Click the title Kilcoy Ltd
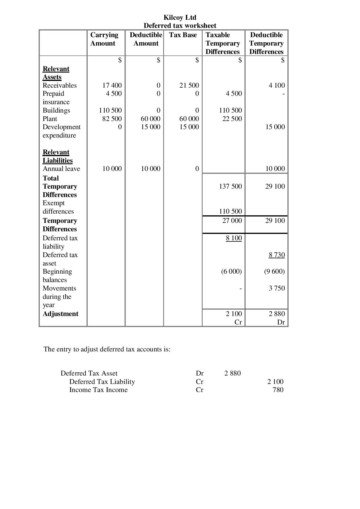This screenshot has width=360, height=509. pyautogui.click(x=180, y=17)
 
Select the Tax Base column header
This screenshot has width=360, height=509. pyautogui.click(x=183, y=35)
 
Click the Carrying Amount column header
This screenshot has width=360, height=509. pyautogui.click(x=104, y=39)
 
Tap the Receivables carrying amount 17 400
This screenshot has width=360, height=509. pyautogui.click(x=112, y=85)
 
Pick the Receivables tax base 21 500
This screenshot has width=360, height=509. pyautogui.click(x=189, y=85)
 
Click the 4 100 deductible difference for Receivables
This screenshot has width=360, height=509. pyautogui.click(x=277, y=85)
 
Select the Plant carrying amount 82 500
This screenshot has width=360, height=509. pyautogui.click(x=112, y=119)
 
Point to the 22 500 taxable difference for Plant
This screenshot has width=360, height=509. pyautogui.click(x=232, y=119)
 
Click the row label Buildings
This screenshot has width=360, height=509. pyautogui.click(x=56, y=111)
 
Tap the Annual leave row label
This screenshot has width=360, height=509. pyautogui.click(x=61, y=169)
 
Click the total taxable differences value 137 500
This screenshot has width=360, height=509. pyautogui.click(x=230, y=186)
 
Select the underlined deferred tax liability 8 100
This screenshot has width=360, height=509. pyautogui.click(x=234, y=238)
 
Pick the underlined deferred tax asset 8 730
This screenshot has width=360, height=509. pyautogui.click(x=277, y=255)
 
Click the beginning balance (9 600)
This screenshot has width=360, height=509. pyautogui.click(x=274, y=272)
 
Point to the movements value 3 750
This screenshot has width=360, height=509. pyautogui.click(x=277, y=288)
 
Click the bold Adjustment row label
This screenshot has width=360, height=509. pyautogui.click(x=60, y=314)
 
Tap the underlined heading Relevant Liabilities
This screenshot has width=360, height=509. pyautogui.click(x=57, y=156)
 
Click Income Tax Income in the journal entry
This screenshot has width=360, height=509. pyautogui.click(x=98, y=390)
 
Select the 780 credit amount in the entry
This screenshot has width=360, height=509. pyautogui.click(x=278, y=390)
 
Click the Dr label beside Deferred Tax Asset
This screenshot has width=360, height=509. pyautogui.click(x=200, y=373)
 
